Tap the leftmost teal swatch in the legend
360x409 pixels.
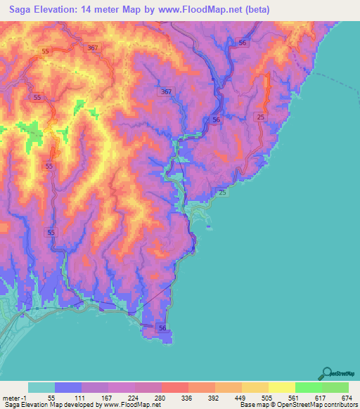click(x=41, y=387)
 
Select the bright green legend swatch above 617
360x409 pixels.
click(x=309, y=387)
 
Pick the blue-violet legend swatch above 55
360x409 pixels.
click(x=68, y=387)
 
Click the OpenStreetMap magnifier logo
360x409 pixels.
click(x=328, y=372)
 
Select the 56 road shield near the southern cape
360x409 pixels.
click(x=162, y=327)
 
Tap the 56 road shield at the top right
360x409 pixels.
click(x=243, y=43)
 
